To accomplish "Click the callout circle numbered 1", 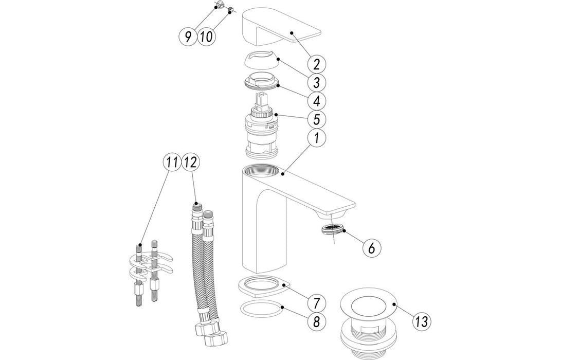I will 317,138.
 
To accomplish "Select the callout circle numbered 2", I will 317,64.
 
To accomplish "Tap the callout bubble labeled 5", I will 317,119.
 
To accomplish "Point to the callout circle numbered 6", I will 372,247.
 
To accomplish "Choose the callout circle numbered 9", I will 188,36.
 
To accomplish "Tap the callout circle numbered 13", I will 422,322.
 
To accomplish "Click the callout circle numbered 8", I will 317,322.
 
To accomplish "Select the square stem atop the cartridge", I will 262,100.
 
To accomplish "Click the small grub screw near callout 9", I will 220,6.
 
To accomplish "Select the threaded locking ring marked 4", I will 260,83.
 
